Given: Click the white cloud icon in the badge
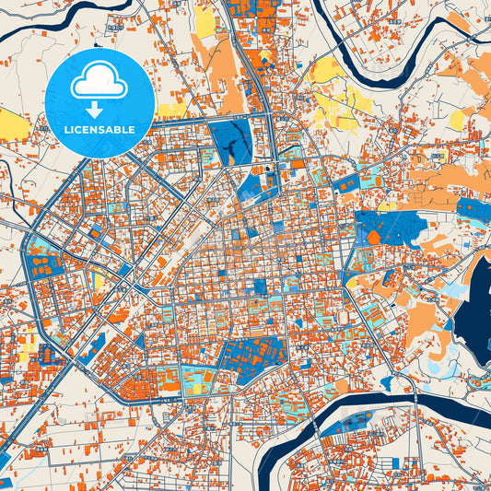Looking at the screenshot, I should (99, 84).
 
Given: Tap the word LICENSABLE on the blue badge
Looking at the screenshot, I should (99, 130).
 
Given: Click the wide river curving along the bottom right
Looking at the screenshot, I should (405, 405).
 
